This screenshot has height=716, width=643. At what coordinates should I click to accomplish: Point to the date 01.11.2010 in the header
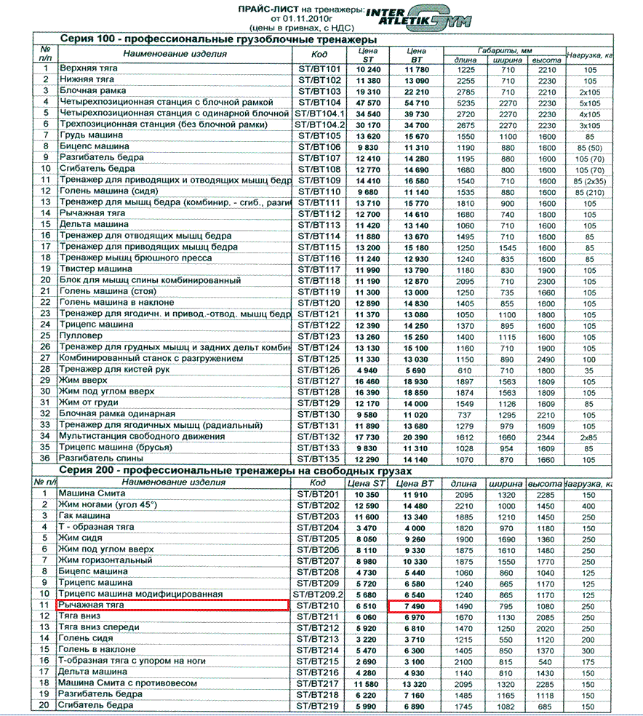[297, 17]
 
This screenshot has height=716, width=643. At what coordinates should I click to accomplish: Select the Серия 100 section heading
[217, 39]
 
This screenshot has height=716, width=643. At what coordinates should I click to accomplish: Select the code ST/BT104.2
[319, 124]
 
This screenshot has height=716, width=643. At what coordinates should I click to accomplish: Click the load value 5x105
[590, 103]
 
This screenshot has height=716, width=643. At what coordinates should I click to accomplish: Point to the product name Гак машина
[86, 516]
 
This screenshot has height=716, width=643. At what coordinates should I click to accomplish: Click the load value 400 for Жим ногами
[588, 505]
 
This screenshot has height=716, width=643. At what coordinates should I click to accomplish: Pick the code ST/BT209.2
[319, 594]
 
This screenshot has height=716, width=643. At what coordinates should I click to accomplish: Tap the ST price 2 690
[369, 661]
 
